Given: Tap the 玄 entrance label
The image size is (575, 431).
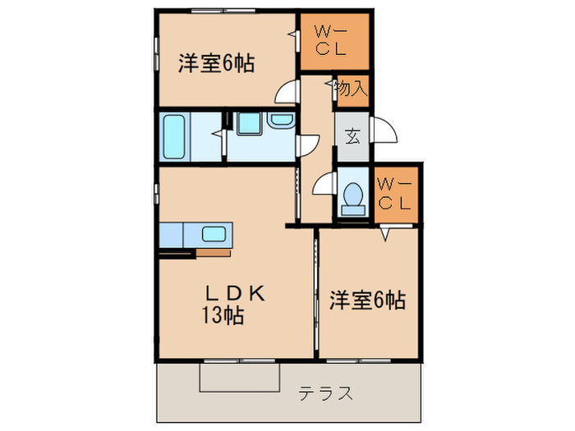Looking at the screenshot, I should coord(352,136).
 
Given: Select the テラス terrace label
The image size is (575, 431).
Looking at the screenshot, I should coord(326,393).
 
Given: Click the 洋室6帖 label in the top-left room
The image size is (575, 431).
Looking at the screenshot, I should coord(215,63).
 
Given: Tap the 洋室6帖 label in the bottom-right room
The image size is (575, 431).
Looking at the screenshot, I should coord(367,300).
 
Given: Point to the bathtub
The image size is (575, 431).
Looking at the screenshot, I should coord(174,136).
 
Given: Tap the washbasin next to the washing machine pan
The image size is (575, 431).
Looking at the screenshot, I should coord(281,122).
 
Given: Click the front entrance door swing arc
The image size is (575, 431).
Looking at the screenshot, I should coord(384,131).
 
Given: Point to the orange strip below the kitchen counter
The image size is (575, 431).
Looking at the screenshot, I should coord(214,253).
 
